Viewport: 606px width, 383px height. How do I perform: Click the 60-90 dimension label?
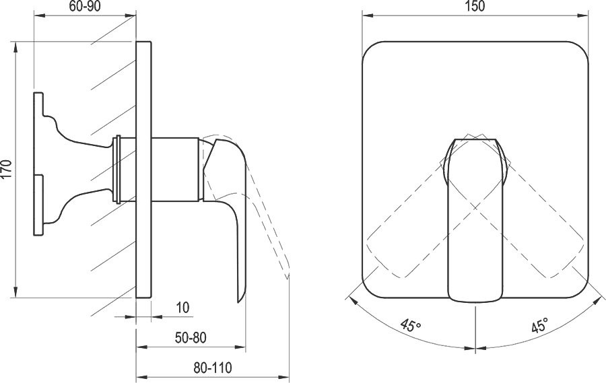85,7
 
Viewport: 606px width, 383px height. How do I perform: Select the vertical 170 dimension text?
7,168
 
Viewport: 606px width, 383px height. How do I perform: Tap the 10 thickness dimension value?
182,308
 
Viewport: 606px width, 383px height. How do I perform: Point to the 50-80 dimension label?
191,338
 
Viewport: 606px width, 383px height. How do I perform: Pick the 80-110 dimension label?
213,368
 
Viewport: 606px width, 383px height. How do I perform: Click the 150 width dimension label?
475,7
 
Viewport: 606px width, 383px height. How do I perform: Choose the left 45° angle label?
411,325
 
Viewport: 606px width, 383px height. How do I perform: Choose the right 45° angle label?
540,325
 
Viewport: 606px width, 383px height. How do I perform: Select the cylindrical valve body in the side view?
176,169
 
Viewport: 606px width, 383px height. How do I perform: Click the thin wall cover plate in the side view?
144,169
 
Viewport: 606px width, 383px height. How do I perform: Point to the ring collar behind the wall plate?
118,169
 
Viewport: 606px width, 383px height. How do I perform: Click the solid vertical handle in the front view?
475,219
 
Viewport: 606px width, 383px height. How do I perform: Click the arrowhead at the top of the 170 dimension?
16,47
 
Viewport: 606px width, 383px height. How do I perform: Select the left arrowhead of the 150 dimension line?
368,15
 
